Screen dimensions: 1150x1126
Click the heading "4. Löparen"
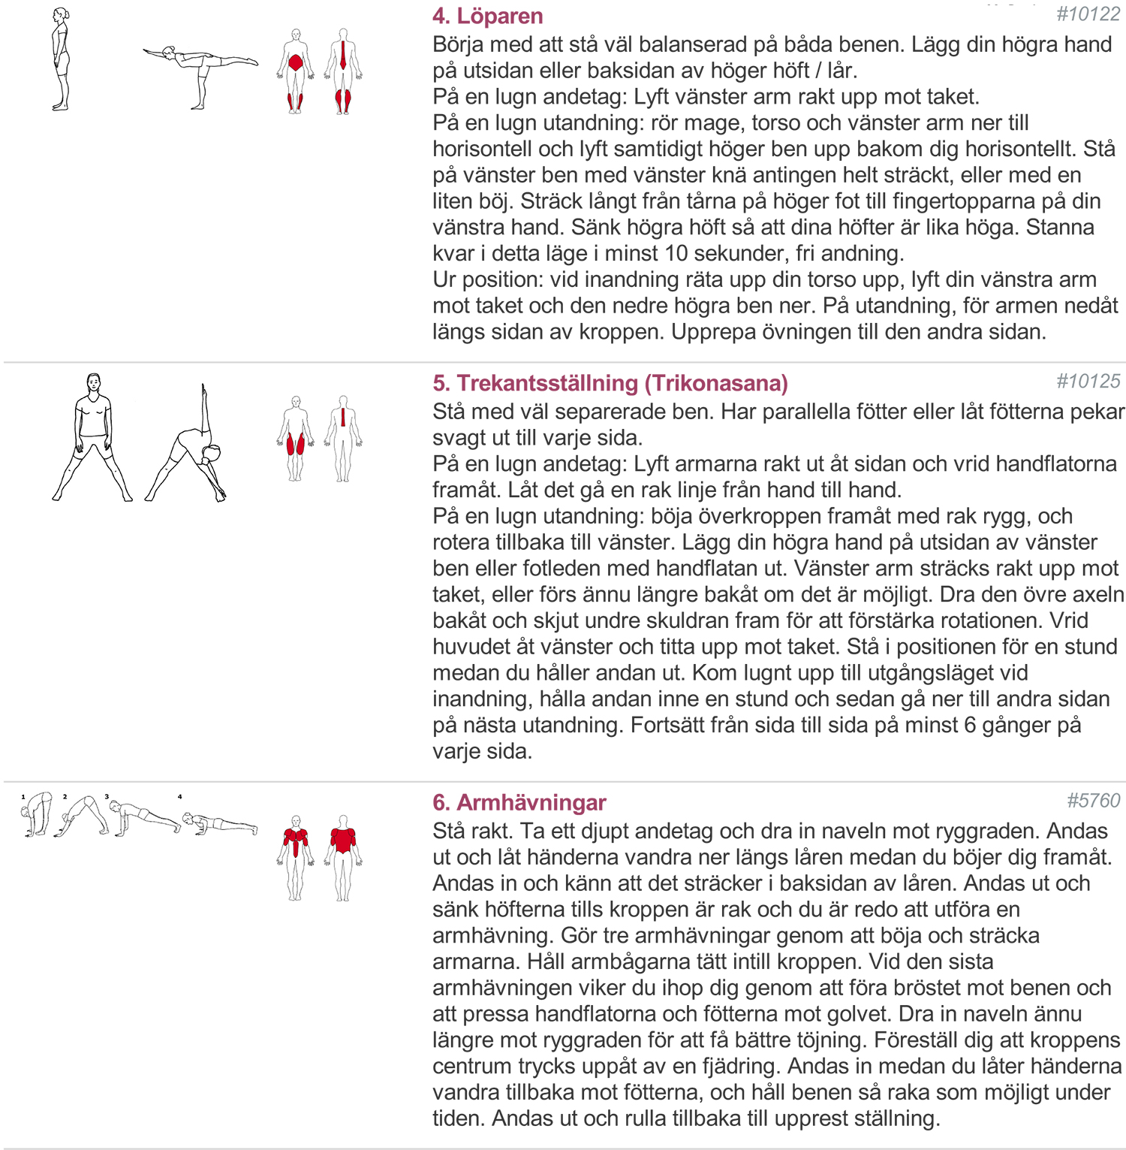487,16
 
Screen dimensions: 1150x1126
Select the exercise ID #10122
1088,14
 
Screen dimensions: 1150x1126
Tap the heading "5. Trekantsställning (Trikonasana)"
610,383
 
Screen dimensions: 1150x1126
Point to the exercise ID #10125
1088,382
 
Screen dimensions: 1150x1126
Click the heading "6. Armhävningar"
519,802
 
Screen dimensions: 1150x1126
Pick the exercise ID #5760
1093,801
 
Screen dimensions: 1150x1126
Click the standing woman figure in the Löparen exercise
61,60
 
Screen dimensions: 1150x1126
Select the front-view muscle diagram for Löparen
296,71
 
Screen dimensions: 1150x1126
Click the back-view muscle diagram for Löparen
343,71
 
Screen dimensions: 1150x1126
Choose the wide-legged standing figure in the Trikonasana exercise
92,437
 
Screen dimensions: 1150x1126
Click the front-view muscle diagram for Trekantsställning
296,439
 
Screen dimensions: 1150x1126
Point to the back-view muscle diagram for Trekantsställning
343,439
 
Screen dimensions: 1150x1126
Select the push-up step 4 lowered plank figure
220,823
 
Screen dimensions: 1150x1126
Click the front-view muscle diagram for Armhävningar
296,858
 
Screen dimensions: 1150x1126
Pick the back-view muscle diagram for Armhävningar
343,858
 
